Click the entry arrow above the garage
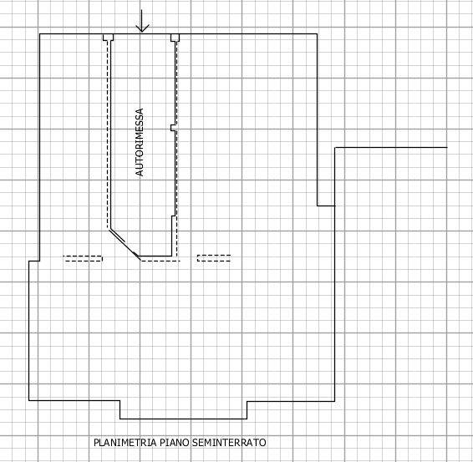(x=142, y=21)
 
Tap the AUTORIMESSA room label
(x=140, y=142)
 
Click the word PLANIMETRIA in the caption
(x=125, y=443)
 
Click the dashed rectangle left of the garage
(x=83, y=258)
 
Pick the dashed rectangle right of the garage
(x=214, y=258)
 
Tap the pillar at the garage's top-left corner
(x=109, y=37)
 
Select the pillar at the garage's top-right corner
(x=175, y=38)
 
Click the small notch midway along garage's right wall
(x=173, y=128)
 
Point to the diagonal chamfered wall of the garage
(x=125, y=243)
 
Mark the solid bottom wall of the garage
(x=155, y=256)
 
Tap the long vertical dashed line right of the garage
(x=177, y=148)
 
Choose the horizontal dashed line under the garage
(x=160, y=261)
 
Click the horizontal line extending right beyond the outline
(x=391, y=148)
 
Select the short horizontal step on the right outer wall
(x=326, y=206)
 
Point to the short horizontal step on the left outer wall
(x=34, y=261)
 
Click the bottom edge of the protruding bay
(x=183, y=419)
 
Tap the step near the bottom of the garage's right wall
(x=174, y=216)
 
